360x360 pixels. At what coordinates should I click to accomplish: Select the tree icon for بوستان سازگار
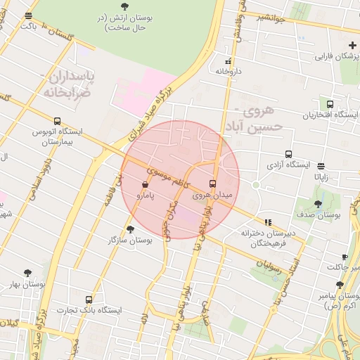point(130,229)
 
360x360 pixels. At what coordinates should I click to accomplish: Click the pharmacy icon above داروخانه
point(227,61)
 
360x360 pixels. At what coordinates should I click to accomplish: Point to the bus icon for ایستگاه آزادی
point(288,154)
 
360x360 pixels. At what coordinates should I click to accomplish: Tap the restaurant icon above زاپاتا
point(321,167)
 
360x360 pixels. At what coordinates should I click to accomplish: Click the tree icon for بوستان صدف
point(318,204)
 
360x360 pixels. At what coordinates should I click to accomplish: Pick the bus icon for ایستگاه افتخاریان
point(330,103)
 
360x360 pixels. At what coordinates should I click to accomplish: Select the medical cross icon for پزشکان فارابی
point(352,45)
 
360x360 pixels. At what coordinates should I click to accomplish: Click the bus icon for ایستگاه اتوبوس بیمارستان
point(57,121)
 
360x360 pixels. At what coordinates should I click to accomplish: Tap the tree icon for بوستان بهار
point(27,273)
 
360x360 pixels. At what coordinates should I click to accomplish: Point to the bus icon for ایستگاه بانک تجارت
point(88,300)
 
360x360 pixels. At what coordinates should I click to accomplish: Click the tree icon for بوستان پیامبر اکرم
point(340,285)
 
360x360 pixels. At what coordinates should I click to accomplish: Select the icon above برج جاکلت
point(344,257)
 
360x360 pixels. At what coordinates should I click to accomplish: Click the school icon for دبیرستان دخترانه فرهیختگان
point(267,222)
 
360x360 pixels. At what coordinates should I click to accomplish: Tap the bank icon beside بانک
point(29,15)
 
